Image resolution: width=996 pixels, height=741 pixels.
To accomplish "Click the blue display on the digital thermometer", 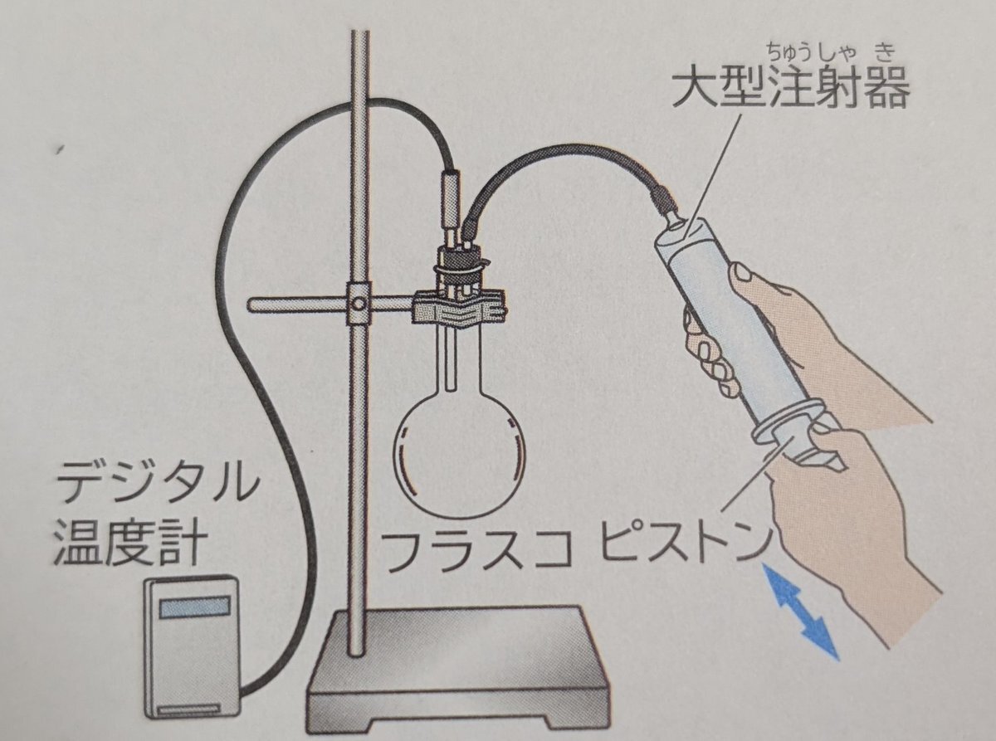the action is [x=194, y=607].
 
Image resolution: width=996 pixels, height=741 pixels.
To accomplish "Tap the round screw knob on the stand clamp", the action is [x=359, y=304].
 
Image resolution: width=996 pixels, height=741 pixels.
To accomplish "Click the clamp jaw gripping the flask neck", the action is [x=458, y=308].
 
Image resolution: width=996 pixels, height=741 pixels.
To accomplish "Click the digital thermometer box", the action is [x=193, y=652].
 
